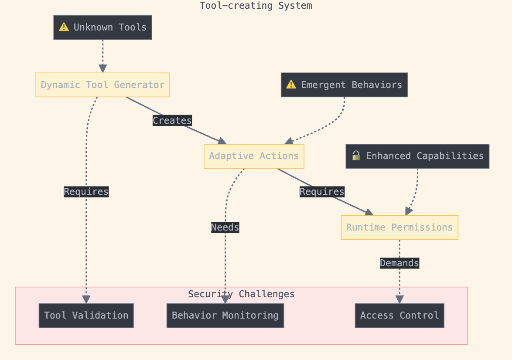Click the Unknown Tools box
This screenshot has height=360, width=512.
(102, 27)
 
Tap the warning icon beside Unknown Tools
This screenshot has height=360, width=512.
(64, 27)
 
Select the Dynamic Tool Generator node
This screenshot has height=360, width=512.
(102, 85)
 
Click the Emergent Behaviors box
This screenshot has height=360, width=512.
(344, 85)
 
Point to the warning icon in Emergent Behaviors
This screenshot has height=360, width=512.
(291, 85)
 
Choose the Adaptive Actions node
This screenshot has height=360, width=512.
(254, 156)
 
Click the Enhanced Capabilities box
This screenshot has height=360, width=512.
(417, 156)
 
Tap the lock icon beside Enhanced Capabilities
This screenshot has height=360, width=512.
(356, 156)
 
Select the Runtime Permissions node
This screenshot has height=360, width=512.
(399, 228)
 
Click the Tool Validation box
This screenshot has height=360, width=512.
(86, 316)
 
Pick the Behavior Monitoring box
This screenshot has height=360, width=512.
(225, 316)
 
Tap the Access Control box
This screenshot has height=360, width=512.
(399, 316)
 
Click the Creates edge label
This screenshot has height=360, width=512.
(172, 121)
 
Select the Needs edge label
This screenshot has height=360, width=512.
(225, 228)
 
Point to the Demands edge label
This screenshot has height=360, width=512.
(399, 263)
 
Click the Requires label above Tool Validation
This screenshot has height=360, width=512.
(86, 192)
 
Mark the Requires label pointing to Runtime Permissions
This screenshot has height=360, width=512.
(322, 192)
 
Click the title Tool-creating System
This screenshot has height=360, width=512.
(256, 6)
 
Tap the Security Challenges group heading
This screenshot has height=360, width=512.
(241, 294)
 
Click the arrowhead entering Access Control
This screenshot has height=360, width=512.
(399, 300)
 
